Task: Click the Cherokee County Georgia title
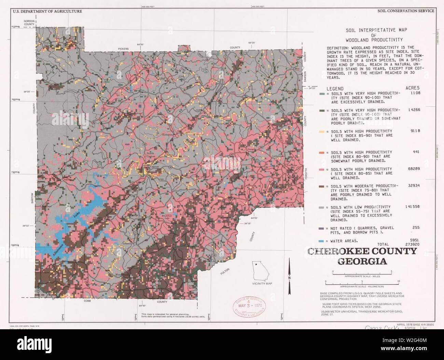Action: click(362, 256)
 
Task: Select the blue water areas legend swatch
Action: click(322, 241)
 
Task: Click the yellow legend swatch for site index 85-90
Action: click(322, 131)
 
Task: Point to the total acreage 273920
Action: click(411, 245)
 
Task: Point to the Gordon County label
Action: click(29, 23)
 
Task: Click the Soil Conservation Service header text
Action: click(406, 11)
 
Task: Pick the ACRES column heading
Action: click(413, 88)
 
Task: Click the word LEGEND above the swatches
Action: click(335, 88)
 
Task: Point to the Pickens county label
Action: click(124, 49)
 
